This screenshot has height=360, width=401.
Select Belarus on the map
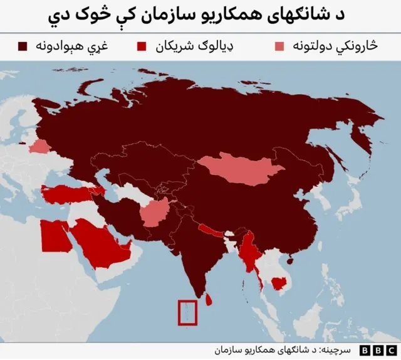[x=39, y=146]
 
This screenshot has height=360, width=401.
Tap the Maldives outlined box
[x=187, y=312]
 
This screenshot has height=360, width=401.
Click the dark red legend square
[x=24, y=46]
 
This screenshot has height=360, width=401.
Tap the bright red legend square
[x=143, y=46]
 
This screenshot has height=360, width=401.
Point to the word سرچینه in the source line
[x=332, y=349]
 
